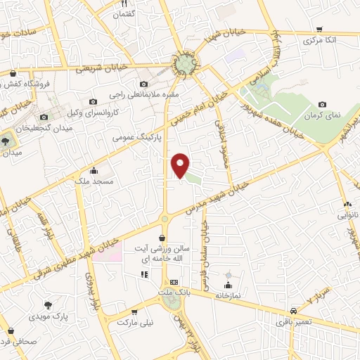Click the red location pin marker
coord(181,166)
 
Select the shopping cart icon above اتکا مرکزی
coord(319,30)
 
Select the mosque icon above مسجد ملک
coord(94,170)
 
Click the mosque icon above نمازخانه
coord(227,285)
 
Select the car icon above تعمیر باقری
coord(292,310)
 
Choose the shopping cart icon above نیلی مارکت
coord(134,311)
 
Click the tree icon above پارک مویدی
coord(49,305)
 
